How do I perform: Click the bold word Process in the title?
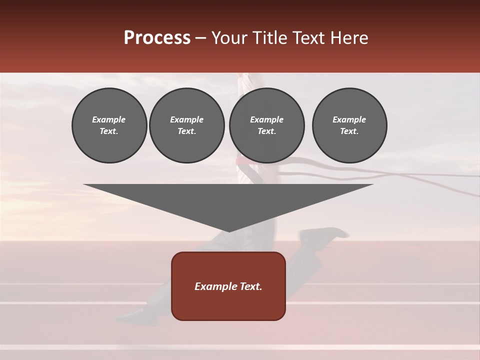(x=157, y=38)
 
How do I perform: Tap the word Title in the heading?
(x=268, y=38)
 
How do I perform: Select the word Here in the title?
(x=349, y=38)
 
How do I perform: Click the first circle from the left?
(x=109, y=125)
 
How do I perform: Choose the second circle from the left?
(x=186, y=125)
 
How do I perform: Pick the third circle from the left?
(x=266, y=125)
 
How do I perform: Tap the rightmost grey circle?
(x=349, y=125)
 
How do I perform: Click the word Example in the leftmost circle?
(x=109, y=119)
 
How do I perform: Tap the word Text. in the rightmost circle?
(x=349, y=131)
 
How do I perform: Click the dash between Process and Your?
(x=201, y=38)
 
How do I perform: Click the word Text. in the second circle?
(x=186, y=131)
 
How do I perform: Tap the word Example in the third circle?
(x=266, y=119)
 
